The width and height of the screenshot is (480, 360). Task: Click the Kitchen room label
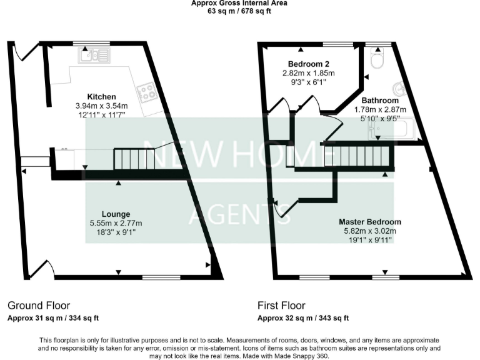101,97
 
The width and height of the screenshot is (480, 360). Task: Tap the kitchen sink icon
94,56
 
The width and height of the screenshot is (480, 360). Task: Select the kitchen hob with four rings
147,92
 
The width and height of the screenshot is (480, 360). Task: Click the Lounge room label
117,214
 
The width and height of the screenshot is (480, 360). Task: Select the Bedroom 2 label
308,64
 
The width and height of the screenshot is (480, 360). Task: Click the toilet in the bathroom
377,61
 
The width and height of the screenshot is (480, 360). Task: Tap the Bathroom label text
380,101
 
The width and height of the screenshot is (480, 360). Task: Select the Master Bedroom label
370,222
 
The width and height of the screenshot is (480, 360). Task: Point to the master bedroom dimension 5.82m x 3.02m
370,231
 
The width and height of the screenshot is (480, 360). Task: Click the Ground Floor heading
34,306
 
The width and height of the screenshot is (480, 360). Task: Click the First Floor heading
281,306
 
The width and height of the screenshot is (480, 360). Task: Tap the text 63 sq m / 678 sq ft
240,11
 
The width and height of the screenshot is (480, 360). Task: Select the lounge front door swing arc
39,269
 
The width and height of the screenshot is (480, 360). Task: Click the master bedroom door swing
280,209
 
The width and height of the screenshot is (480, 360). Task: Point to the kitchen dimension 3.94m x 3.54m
101,106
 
